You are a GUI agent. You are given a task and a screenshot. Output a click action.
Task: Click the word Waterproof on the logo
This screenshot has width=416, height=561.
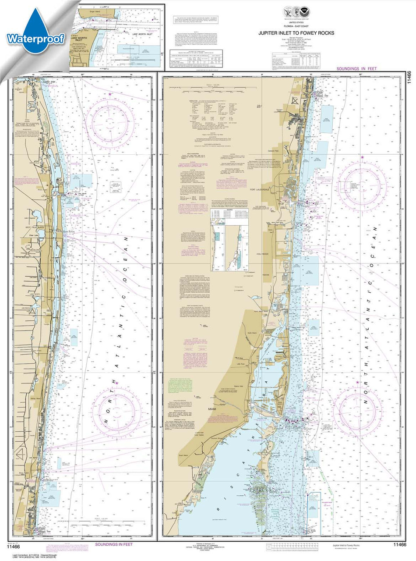[x=35, y=39]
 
